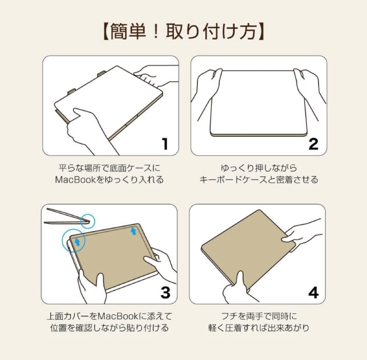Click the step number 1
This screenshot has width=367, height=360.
(165, 144)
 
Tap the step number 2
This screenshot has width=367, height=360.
(313, 144)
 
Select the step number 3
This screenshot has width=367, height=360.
(165, 293)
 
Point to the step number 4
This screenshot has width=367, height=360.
(313, 293)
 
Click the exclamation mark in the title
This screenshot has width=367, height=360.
(156, 32)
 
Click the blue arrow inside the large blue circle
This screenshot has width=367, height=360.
(77, 242)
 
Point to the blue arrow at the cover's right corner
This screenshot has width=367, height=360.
(134, 231)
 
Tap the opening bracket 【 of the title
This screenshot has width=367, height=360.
(106, 32)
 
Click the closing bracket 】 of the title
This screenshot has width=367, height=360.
(261, 32)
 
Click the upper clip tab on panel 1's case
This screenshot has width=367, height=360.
(101, 74)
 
